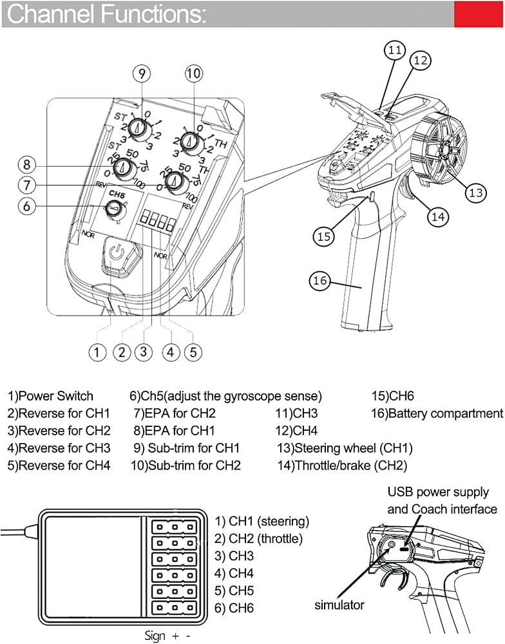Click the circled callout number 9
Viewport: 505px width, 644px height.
[x=142, y=73]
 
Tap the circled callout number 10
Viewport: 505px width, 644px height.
[x=193, y=73]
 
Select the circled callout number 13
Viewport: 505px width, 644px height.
[x=475, y=192]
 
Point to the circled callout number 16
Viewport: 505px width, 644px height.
[x=319, y=280]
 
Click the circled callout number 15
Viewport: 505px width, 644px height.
[x=324, y=236]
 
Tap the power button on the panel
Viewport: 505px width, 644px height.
[x=116, y=252]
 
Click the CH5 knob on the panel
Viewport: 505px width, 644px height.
[x=115, y=209]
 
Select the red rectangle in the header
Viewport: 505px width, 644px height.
[x=479, y=14]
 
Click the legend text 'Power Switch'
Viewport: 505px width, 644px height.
[x=54, y=396]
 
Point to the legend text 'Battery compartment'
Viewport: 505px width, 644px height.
[x=444, y=413]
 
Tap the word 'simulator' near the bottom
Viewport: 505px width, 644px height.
[x=339, y=605]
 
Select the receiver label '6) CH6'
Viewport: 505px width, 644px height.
[x=234, y=608]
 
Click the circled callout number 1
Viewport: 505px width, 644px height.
[x=97, y=352]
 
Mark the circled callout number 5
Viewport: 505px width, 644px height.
[x=193, y=352]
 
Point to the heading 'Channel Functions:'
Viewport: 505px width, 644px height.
[x=106, y=14]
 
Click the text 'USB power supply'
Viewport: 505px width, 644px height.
[x=438, y=493]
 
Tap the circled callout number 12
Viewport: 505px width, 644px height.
[x=420, y=60]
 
